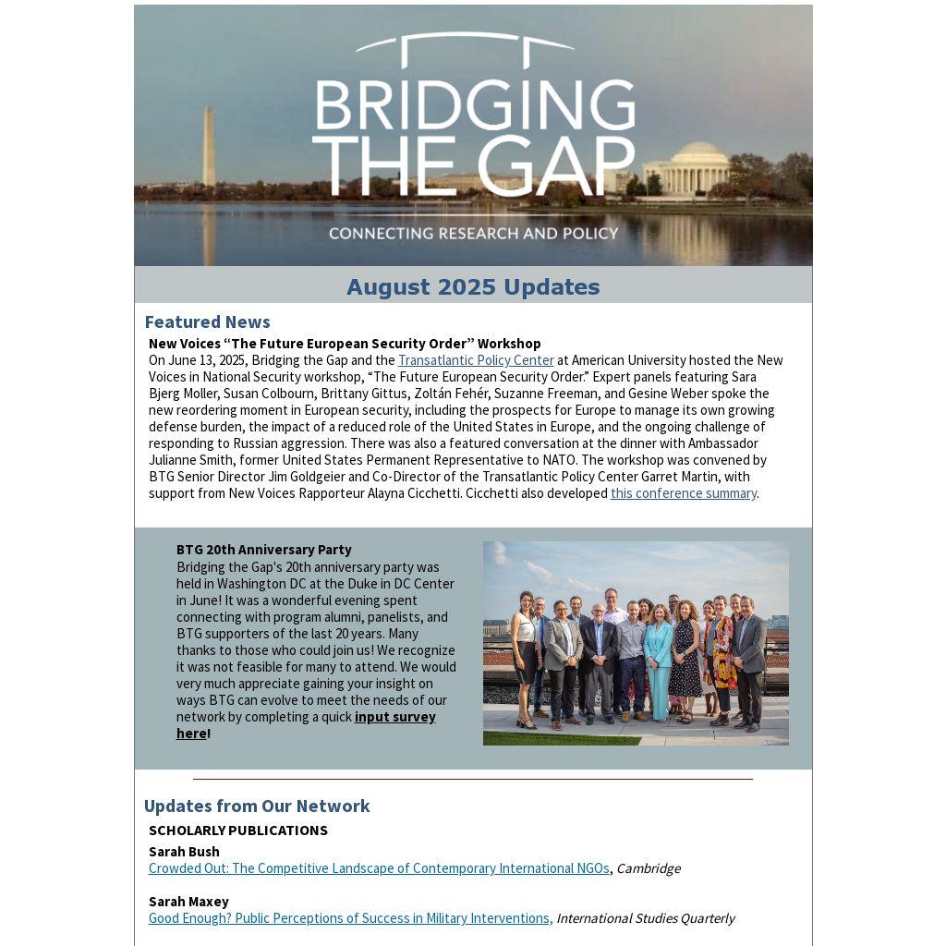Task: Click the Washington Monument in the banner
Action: tap(209, 148)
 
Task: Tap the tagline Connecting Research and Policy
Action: tap(473, 233)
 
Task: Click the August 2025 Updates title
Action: tap(473, 287)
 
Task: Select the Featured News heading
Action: tap(207, 321)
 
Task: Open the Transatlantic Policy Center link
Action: tap(476, 360)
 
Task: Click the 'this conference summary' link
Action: tap(683, 493)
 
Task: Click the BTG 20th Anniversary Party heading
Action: tap(263, 550)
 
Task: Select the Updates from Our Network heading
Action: tap(257, 806)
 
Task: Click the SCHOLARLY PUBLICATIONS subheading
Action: tap(238, 831)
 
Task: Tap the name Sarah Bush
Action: tap(184, 852)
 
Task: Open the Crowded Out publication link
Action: tap(379, 868)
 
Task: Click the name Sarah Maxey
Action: tap(188, 902)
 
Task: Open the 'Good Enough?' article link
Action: tap(350, 918)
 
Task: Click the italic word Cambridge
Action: tap(648, 868)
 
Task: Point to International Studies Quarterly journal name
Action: tap(645, 918)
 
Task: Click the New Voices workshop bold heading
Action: tap(345, 344)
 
